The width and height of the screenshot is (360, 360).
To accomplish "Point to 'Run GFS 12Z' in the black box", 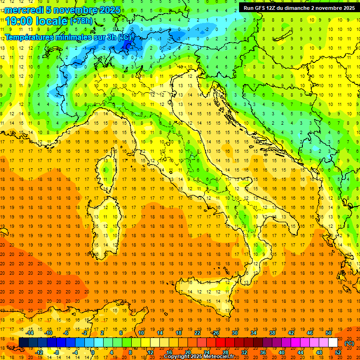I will (x=262, y=7).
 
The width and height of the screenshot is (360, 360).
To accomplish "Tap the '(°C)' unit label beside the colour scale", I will (x=349, y=343).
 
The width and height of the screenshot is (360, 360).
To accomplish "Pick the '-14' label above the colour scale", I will (x=30, y=333).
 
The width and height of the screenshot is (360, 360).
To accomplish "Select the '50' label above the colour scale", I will (x=328, y=333).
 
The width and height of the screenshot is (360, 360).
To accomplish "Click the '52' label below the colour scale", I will (x=338, y=352).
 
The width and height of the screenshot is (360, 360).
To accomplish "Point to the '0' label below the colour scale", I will (x=93, y=352).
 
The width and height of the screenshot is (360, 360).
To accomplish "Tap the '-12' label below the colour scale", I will (x=39, y=352).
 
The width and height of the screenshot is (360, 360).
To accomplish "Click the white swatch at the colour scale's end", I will (x=333, y=343).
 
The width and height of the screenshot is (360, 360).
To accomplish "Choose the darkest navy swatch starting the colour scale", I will (x=23, y=343).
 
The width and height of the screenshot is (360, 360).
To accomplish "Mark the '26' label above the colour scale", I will (x=215, y=333).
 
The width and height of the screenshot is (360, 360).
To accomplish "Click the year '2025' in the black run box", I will (x=347, y=7).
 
